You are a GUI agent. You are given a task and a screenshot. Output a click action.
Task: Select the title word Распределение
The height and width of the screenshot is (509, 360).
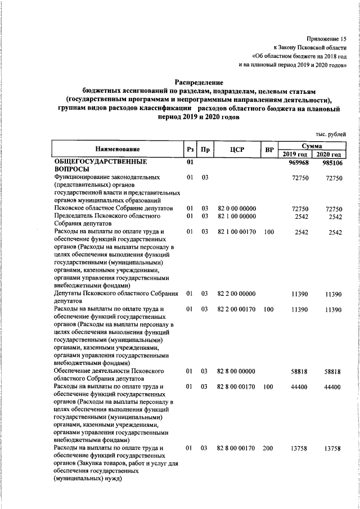click(x=199, y=82)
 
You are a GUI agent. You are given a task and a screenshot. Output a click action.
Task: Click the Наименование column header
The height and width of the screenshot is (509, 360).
click(x=117, y=150)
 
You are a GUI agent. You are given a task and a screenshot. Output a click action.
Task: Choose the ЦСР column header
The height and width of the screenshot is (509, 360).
click(x=236, y=150)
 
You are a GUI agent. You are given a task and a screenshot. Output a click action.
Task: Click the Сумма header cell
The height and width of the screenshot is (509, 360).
click(x=312, y=146)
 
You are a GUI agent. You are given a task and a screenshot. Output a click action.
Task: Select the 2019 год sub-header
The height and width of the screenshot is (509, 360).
click(x=295, y=154)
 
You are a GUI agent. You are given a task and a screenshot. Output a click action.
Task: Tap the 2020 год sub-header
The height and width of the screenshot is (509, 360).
click(x=328, y=154)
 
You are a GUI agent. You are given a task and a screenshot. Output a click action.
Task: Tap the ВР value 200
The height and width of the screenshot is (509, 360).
click(x=268, y=448)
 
